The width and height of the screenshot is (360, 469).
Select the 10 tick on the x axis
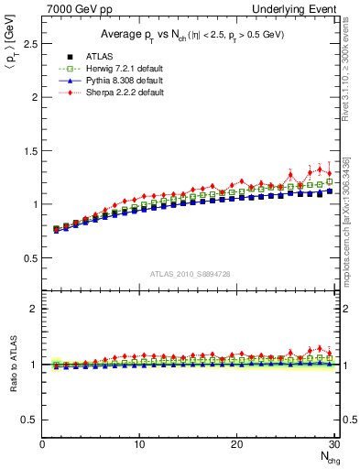(139, 444)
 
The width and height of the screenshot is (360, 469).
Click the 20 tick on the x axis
(236, 444)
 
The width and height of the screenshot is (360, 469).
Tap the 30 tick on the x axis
(333, 444)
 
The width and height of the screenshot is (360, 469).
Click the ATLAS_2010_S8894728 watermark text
(190, 274)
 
